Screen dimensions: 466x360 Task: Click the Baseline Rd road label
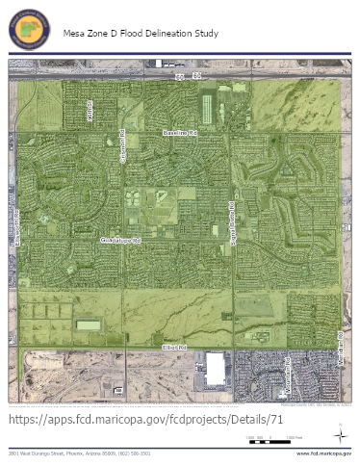click(179, 131)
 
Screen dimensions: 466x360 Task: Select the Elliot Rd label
click(174, 345)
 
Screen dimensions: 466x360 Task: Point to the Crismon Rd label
click(123, 146)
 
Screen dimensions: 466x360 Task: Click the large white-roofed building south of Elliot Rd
click(214, 368)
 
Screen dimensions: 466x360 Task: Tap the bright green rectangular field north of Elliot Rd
click(89, 324)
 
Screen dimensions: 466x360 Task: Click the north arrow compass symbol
click(338, 434)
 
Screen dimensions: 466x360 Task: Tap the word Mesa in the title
click(73, 33)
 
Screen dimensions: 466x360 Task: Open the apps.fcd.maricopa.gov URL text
click(145, 421)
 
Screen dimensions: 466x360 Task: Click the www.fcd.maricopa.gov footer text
click(322, 453)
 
